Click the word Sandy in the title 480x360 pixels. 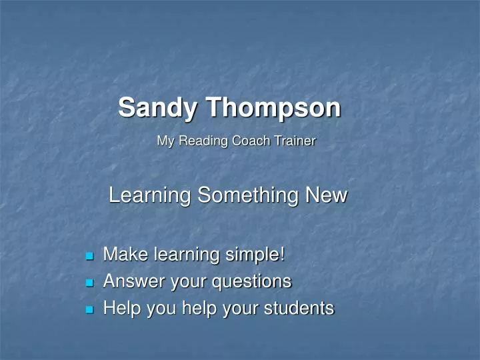point(157,109)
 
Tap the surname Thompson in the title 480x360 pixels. point(273,109)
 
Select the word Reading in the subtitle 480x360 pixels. point(203,141)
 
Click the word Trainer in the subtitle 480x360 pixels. point(295,141)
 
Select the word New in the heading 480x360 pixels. point(326,195)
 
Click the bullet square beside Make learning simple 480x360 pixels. point(89,255)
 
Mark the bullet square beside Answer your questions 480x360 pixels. point(89,282)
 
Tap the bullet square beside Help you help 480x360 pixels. point(89,309)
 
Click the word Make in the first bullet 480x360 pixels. point(126,254)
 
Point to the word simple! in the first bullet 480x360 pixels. point(255,255)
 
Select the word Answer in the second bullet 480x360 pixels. point(134,281)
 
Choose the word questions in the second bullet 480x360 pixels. point(252,282)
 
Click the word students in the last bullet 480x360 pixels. point(299,308)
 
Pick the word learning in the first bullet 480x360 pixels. point(187,255)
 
